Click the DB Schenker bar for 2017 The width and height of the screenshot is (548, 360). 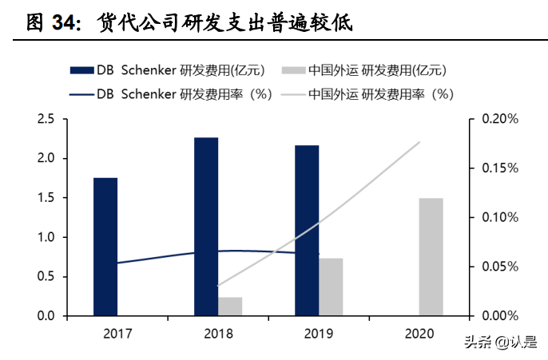[x=105, y=247]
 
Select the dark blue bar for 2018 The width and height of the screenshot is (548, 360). [x=206, y=227]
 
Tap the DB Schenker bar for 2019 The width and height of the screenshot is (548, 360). [x=307, y=231]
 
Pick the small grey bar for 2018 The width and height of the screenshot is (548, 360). [x=230, y=307]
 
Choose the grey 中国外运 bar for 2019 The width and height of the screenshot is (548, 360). [x=331, y=287]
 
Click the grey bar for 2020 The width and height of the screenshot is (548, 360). [x=431, y=257]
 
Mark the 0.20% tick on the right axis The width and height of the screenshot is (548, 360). [x=500, y=119]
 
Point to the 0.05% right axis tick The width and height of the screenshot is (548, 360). [x=500, y=267]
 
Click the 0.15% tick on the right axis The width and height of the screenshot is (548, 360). [x=500, y=168]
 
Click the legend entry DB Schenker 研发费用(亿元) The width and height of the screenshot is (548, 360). [x=181, y=69]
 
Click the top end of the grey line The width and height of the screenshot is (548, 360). [x=420, y=142]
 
